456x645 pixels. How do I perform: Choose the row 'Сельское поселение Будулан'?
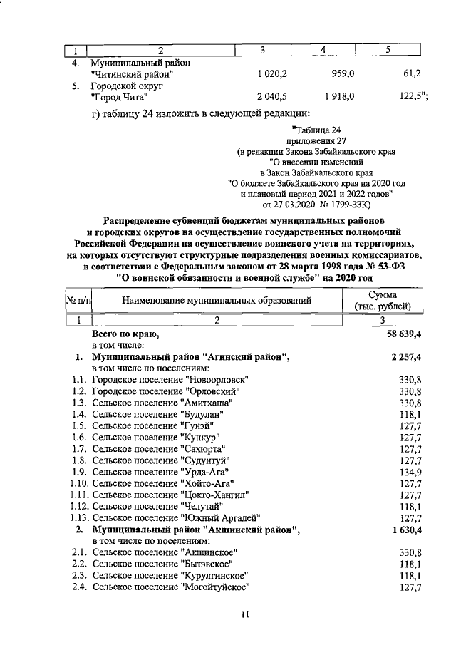(160, 414)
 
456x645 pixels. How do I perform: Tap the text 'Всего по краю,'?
(125, 334)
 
